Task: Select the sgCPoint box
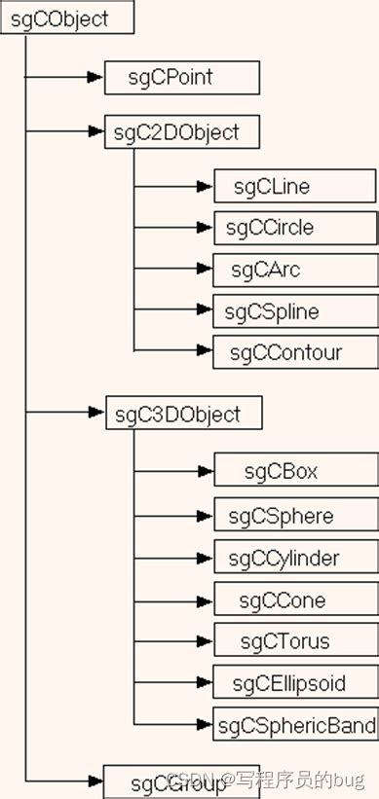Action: click(x=181, y=77)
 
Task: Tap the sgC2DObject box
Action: click(x=181, y=131)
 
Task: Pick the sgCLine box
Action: click(x=294, y=185)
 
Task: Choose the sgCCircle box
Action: click(x=294, y=228)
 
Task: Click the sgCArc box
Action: click(x=294, y=270)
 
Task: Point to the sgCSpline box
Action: click(x=294, y=312)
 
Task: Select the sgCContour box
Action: click(x=294, y=352)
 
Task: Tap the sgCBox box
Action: click(x=294, y=472)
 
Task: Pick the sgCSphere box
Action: click(x=294, y=516)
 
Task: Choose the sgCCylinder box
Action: click(x=294, y=559)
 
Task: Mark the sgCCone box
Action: click(x=294, y=600)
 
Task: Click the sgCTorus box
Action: click(x=294, y=642)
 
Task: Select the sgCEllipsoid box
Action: click(x=294, y=683)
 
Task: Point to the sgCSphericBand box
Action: click(x=295, y=725)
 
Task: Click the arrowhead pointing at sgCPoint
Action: click(x=95, y=77)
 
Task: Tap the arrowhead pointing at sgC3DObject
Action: click(x=95, y=413)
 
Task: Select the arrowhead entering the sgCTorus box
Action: click(x=205, y=642)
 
